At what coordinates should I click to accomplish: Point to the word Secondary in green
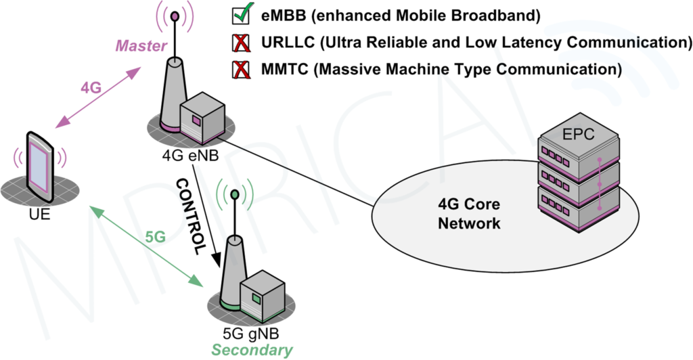tap(252, 350)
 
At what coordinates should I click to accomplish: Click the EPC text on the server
tap(578, 134)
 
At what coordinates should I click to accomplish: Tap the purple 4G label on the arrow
tap(92, 89)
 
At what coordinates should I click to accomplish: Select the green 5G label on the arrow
tap(156, 238)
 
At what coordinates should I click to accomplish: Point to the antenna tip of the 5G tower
tap(234, 195)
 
